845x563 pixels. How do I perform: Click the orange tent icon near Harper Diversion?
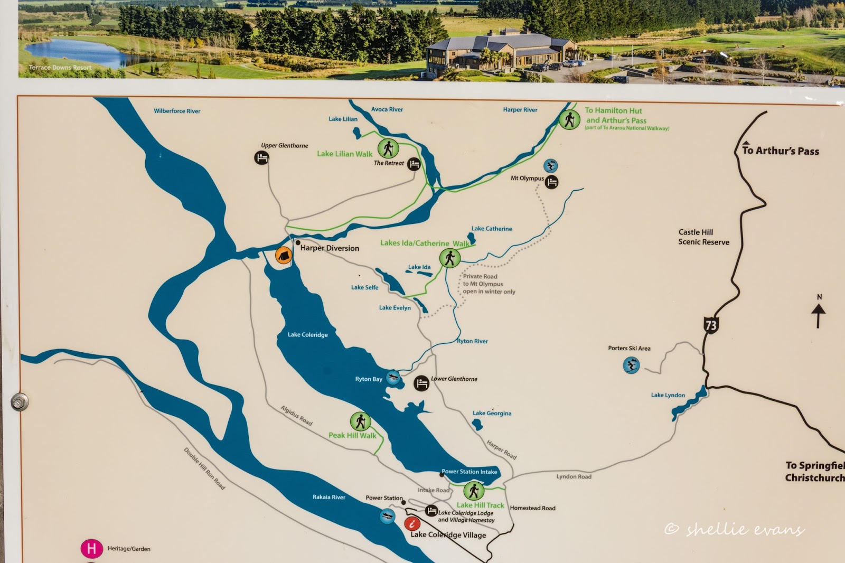tap(284, 255)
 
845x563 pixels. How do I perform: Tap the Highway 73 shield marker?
tap(711, 325)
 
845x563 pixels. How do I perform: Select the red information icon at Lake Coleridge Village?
tap(412, 523)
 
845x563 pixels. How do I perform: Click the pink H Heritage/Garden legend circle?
tap(91, 549)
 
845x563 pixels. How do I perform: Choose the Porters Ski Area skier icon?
tap(631, 365)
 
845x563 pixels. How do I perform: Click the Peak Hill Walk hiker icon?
tap(360, 421)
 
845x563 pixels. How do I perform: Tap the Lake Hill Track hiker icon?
tap(473, 491)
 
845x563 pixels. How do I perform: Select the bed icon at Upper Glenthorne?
tap(262, 157)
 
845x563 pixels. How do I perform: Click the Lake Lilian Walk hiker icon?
tap(388, 148)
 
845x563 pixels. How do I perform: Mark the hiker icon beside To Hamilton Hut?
tap(569, 119)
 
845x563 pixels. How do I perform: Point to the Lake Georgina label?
tap(492, 413)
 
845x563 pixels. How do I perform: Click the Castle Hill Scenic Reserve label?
tap(703, 237)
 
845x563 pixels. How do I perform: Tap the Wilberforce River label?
tap(177, 111)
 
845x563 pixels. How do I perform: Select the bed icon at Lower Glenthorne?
tap(421, 383)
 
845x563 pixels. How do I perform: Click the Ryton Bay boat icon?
tap(393, 378)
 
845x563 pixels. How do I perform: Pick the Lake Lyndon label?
tap(668, 395)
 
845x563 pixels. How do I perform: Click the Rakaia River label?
tap(328, 497)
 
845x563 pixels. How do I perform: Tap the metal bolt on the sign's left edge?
tap(20, 402)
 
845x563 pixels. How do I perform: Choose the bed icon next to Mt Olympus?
tap(551, 183)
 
